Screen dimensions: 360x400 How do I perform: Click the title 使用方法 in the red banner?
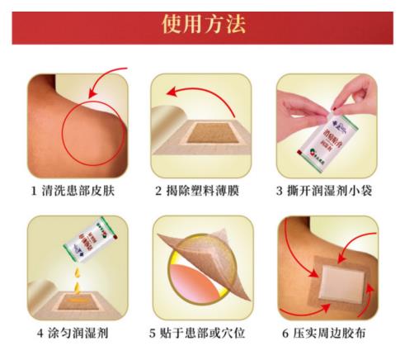pos(200,24)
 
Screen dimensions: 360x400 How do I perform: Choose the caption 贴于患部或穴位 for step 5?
pos(206,334)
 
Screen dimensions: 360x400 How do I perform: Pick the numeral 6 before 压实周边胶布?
pos(280,334)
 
